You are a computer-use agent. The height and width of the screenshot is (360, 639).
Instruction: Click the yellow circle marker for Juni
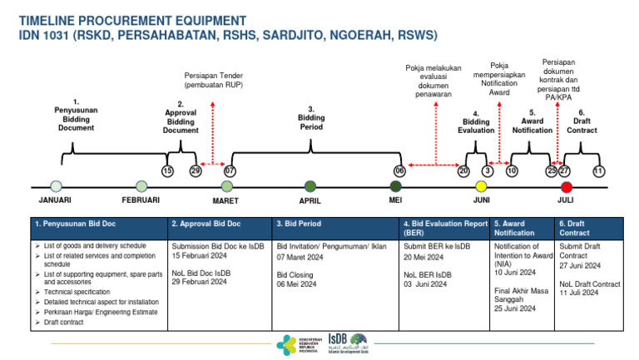tap(480, 186)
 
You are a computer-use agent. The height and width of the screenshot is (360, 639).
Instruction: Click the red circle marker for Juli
tap(567, 186)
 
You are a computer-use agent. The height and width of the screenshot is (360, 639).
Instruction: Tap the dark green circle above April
tap(310, 186)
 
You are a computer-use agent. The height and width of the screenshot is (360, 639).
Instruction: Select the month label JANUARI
tap(55, 201)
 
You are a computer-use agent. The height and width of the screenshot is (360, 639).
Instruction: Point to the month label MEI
tap(395, 201)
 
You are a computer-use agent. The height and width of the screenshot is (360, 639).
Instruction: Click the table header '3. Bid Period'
tap(299, 224)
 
